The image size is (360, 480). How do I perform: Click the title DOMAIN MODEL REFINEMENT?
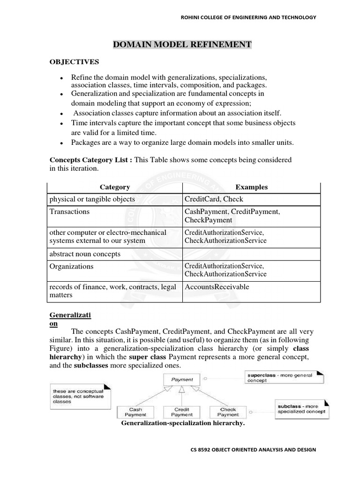tap(182, 45)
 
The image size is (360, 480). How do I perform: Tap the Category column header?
tap(115, 187)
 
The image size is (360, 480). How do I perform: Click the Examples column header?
tap(252, 187)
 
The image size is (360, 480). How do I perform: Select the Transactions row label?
tap(69, 211)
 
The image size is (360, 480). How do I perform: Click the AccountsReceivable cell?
tap(217, 287)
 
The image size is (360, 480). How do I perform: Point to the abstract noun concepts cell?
tap(85, 254)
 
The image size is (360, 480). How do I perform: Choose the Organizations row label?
tap(71, 266)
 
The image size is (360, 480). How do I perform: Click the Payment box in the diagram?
tap(182, 380)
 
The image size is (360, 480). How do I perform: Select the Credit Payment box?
tap(182, 412)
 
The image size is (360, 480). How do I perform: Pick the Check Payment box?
tap(228, 412)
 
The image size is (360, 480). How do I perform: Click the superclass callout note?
tap(270, 377)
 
